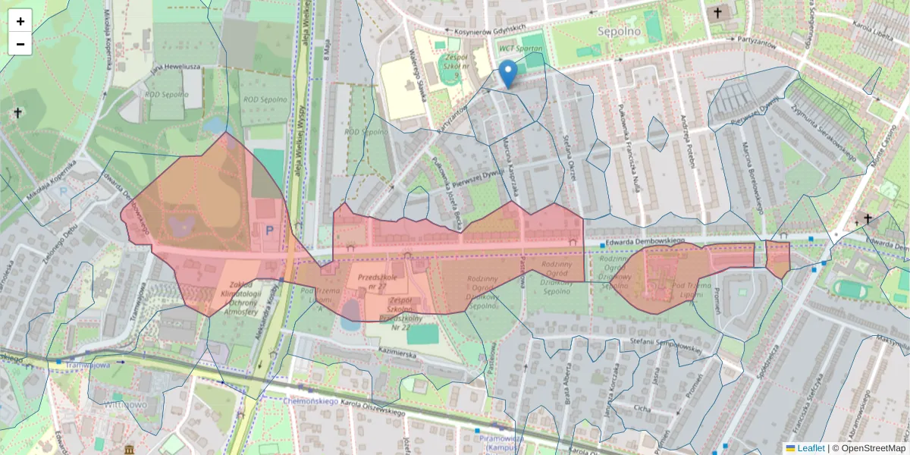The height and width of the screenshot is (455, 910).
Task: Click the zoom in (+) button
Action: [x=20, y=21]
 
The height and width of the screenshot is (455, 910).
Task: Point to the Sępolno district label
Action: [x=619, y=32]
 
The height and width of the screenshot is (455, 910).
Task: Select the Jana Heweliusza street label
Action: [x=175, y=67]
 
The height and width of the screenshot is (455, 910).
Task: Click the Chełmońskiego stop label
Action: [x=309, y=400]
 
